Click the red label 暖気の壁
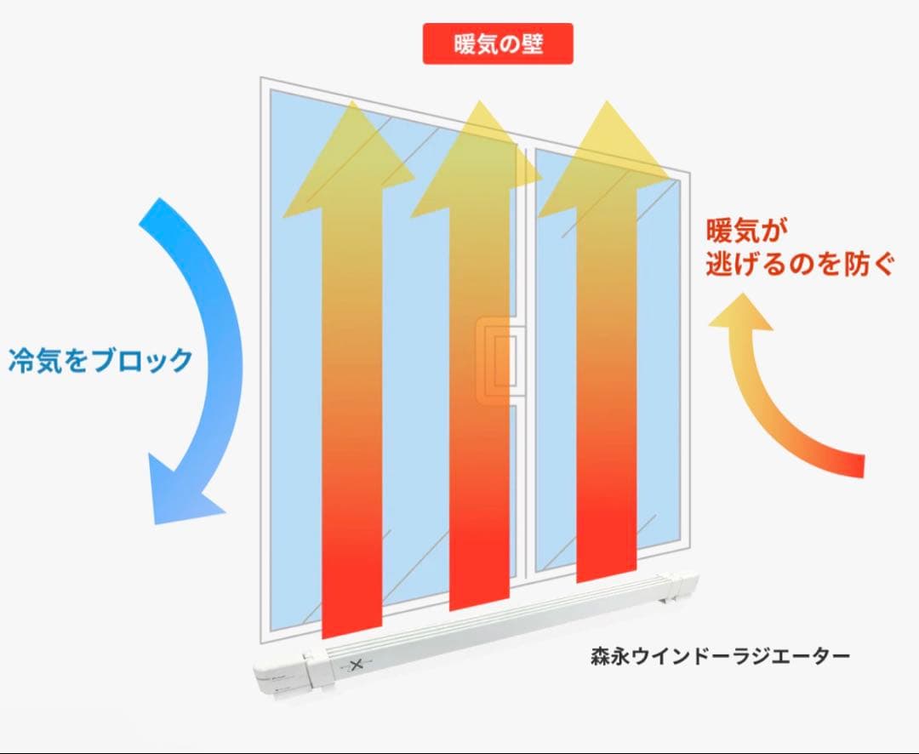coord(498,44)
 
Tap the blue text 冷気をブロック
coord(100,361)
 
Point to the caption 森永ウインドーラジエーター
coord(720,656)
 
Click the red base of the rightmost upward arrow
coord(607,553)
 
